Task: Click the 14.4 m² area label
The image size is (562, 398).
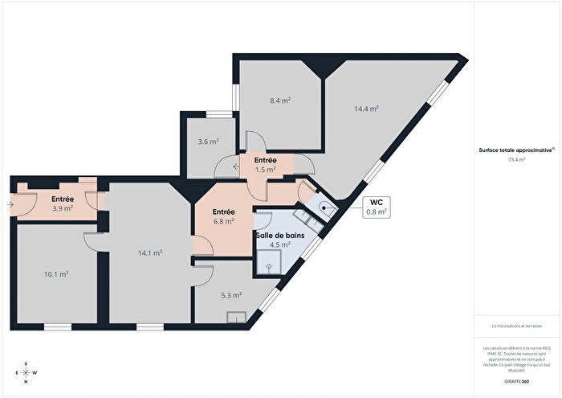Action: (367, 108)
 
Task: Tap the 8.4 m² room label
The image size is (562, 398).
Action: (280, 101)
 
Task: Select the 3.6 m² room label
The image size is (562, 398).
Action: (209, 142)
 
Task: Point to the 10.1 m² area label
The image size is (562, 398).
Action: (56, 274)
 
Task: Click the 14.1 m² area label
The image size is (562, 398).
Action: (151, 252)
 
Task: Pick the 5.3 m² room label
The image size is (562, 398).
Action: (232, 295)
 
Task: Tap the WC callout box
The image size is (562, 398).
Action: (376, 207)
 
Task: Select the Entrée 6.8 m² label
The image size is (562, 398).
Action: (223, 215)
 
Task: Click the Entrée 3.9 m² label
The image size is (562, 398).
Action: (63, 203)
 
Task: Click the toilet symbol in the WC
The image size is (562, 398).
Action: (323, 207)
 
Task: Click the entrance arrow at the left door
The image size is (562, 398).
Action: (9, 204)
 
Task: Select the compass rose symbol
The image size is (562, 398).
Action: (26, 371)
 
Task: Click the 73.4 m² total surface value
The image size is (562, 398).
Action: (516, 160)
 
